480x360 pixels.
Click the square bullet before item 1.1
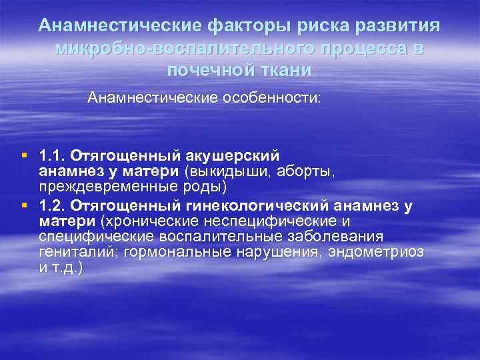(x=24, y=155)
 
